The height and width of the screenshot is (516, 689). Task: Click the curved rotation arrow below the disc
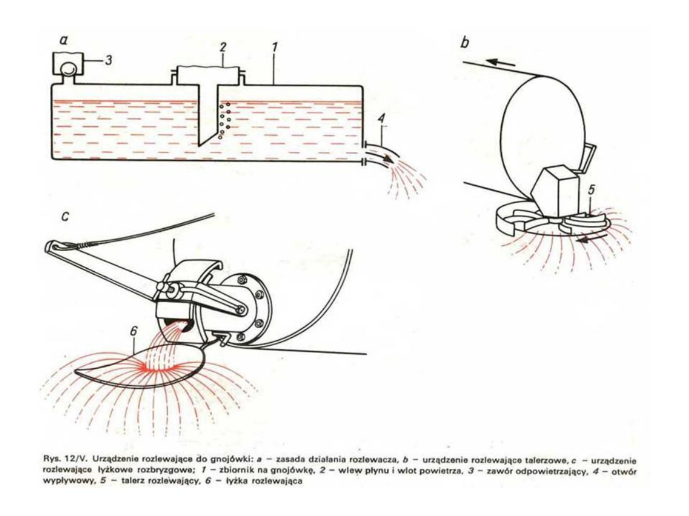[x=591, y=240]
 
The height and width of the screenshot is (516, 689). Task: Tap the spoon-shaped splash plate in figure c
[x=146, y=369]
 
